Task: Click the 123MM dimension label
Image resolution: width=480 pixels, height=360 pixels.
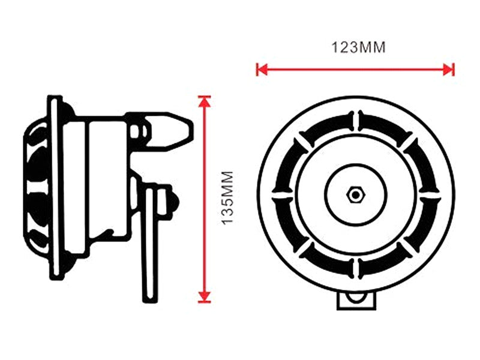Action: click(x=358, y=47)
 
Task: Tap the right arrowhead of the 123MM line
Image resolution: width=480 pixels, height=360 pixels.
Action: click(x=449, y=70)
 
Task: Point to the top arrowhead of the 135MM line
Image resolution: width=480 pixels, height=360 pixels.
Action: click(x=205, y=101)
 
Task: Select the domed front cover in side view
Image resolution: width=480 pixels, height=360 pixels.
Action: click(x=35, y=186)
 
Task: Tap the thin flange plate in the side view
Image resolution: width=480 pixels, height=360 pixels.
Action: click(x=56, y=186)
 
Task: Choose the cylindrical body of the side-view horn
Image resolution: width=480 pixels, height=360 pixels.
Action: click(x=96, y=180)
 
